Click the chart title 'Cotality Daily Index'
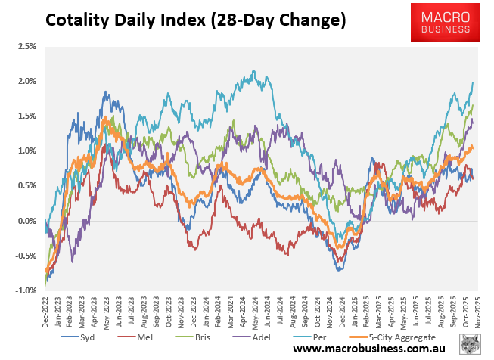pos(195,20)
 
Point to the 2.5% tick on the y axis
pos(26,46)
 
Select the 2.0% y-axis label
pos(26,81)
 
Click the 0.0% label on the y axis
pos(26,221)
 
